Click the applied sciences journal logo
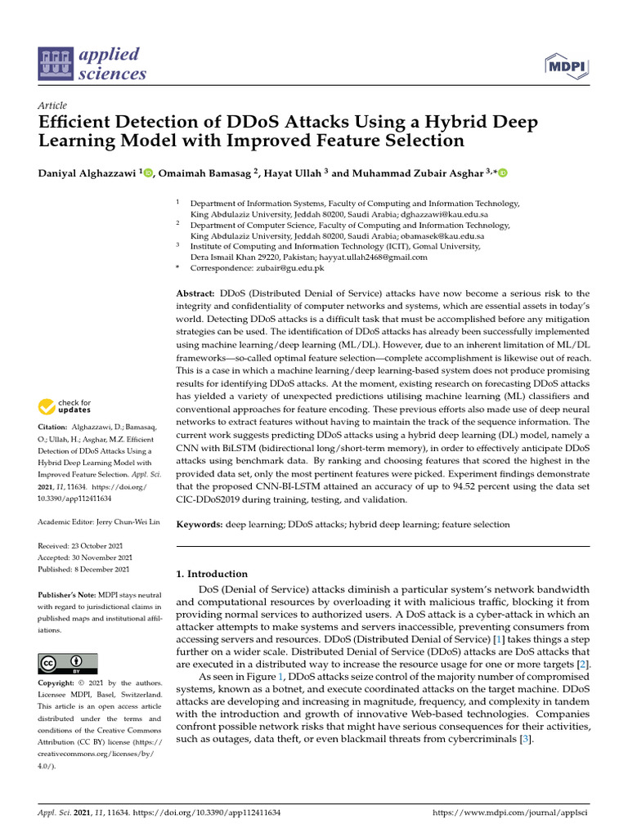(92, 65)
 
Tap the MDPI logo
(568, 65)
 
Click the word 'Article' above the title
(52, 106)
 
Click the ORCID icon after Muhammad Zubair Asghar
(502, 172)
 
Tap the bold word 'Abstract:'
(196, 293)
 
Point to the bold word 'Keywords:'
(200, 524)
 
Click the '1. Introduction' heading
(212, 574)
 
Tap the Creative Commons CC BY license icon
(68, 663)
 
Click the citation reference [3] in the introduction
(527, 740)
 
